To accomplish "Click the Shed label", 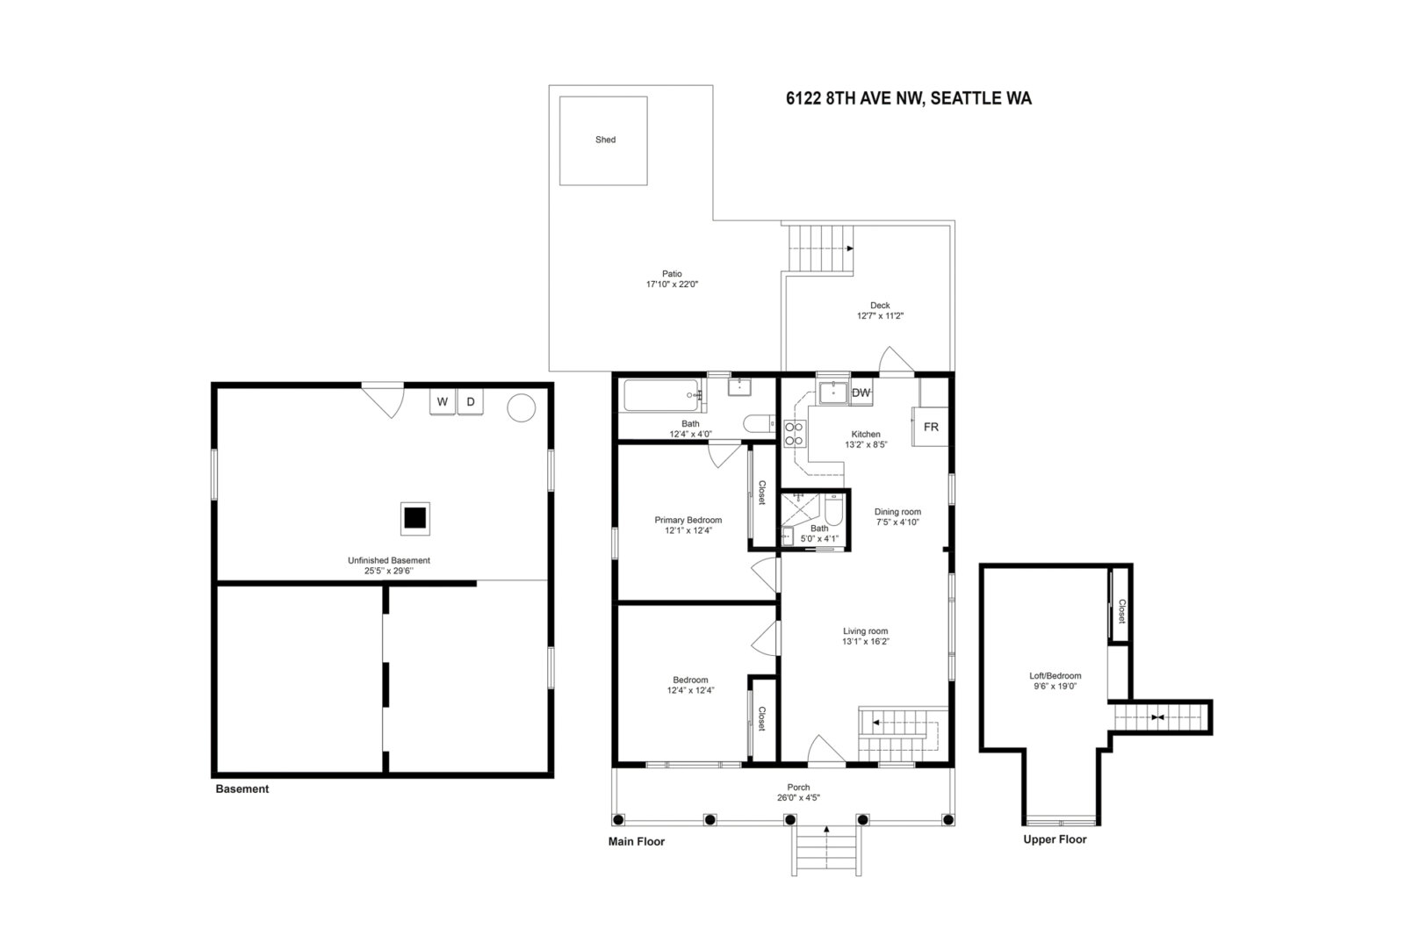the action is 605,140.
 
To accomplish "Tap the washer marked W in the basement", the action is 443,402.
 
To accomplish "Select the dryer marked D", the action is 471,402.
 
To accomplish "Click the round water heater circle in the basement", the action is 522,407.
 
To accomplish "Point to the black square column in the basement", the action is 415,518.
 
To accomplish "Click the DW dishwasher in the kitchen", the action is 861,392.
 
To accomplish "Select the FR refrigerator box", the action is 930,427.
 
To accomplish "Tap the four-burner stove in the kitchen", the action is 794,434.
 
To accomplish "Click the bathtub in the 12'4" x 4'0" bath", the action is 661,395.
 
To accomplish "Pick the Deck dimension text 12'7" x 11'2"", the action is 880,316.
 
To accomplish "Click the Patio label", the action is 672,274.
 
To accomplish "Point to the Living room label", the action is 866,631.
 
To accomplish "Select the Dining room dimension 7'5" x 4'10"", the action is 897,522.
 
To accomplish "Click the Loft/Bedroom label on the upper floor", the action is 1055,675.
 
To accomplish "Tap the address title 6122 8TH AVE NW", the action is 855,98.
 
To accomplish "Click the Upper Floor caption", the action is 1055,839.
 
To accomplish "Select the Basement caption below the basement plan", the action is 242,789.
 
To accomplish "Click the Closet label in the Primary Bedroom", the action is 762,493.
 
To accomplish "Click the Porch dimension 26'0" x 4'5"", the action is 798,798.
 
